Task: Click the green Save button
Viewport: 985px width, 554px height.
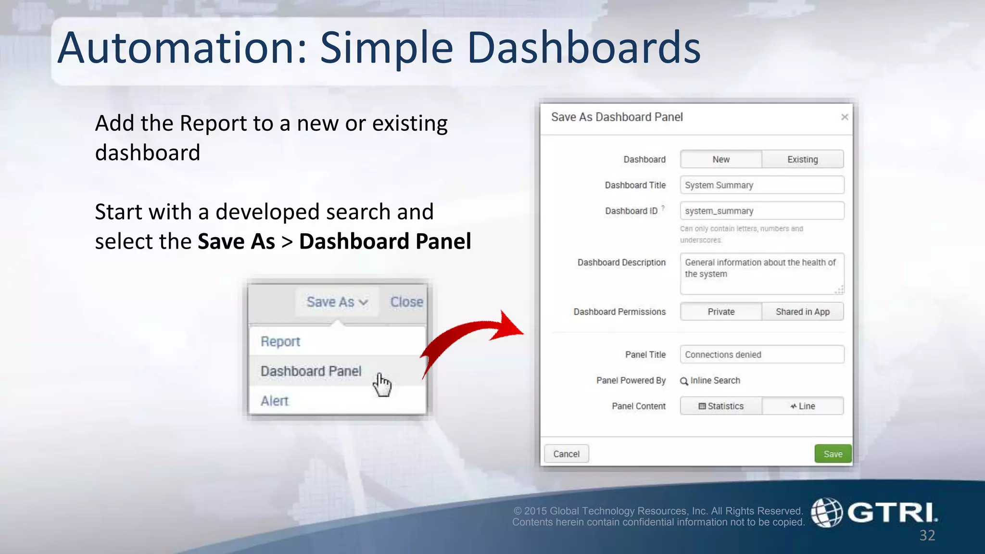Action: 833,454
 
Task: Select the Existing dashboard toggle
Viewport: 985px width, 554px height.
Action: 802,159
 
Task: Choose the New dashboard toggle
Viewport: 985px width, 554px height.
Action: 721,159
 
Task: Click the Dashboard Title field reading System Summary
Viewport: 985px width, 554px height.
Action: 762,185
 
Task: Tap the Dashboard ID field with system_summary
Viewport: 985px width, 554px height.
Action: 762,211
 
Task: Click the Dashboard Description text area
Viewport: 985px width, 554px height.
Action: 762,273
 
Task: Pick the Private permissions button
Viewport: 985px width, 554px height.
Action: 721,312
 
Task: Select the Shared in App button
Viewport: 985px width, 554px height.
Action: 802,312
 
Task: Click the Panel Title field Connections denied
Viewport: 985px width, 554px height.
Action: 762,354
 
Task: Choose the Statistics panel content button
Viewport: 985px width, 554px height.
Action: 721,406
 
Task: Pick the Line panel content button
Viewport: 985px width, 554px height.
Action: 802,406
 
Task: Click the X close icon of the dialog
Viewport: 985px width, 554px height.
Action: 845,117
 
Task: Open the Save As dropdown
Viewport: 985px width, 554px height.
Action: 337,302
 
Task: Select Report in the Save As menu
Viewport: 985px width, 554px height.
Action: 280,341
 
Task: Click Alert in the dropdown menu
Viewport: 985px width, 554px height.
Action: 275,401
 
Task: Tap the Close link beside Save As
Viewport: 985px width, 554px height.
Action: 406,302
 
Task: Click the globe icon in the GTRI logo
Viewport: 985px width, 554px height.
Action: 827,513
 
